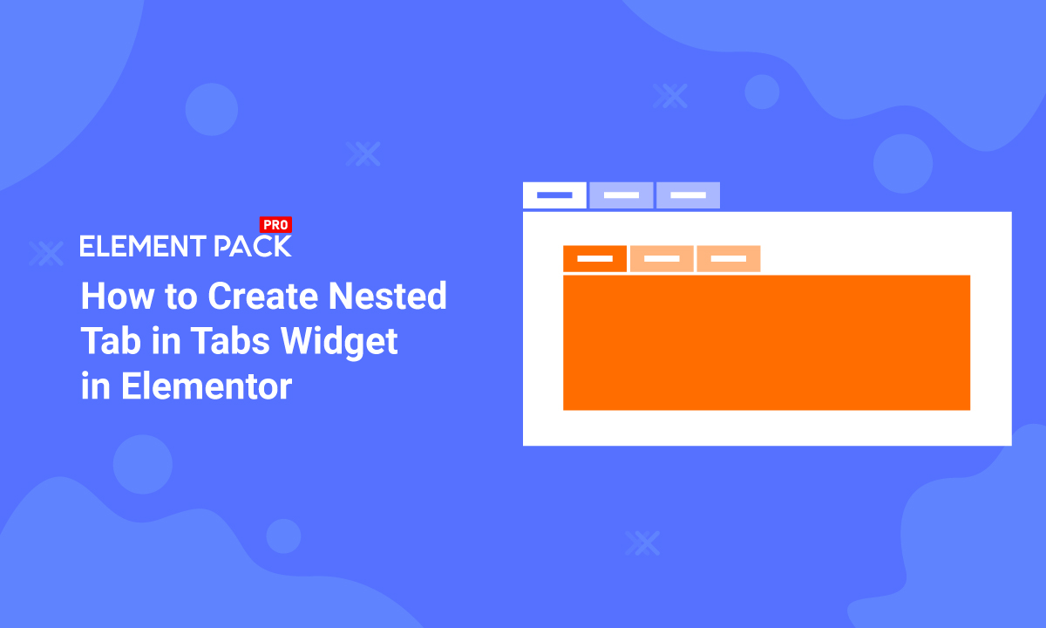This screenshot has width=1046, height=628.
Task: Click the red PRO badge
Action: [276, 225]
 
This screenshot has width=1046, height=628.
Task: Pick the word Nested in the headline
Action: [387, 297]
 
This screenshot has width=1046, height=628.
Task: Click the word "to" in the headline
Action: [178, 297]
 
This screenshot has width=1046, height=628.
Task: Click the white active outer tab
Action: [554, 195]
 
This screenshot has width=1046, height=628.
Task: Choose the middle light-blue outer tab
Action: [621, 195]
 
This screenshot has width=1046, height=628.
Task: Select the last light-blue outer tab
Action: [688, 195]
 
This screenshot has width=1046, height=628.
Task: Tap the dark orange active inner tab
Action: [594, 259]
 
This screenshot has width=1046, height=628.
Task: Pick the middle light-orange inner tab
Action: [662, 259]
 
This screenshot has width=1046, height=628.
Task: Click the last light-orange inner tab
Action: [729, 259]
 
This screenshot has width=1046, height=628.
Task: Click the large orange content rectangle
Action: [766, 342]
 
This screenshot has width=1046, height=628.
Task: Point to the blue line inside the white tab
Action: [554, 195]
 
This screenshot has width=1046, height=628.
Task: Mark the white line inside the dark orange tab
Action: [594, 259]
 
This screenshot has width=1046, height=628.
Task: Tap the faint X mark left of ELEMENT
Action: [45, 252]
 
